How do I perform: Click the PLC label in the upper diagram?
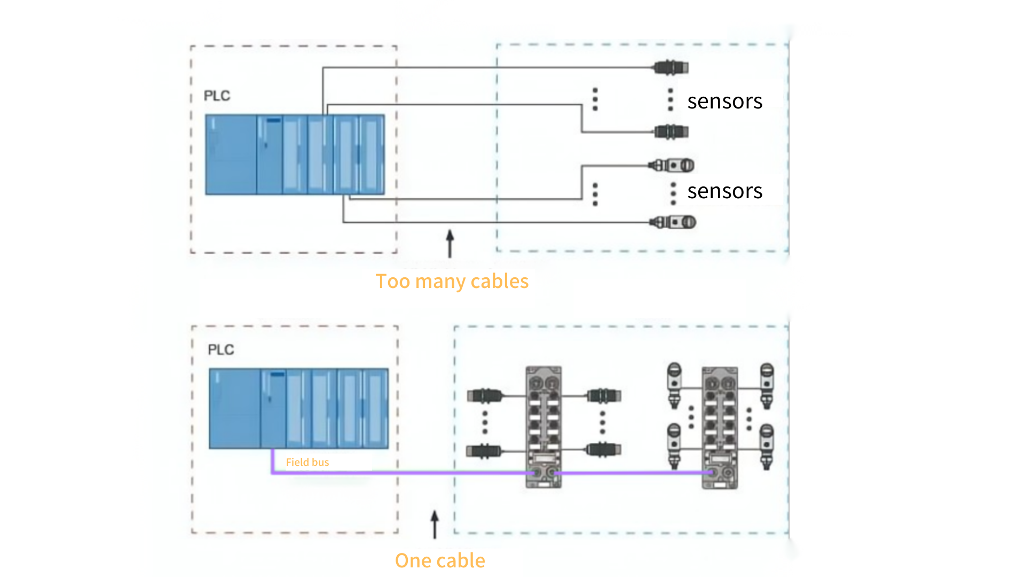point(217,96)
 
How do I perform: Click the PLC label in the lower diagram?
point(220,349)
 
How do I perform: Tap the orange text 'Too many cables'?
point(452,282)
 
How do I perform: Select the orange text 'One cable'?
point(440,560)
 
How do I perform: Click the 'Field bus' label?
point(307,462)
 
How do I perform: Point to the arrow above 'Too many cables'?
point(450,244)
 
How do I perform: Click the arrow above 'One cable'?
point(435,524)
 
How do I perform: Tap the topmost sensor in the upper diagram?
point(671,67)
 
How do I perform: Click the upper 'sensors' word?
point(725,101)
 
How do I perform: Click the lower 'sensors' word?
point(725,191)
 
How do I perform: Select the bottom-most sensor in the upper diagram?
point(673,222)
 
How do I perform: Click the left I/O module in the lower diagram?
point(543,427)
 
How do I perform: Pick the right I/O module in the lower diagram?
point(720,427)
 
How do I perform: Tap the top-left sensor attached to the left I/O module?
point(485,396)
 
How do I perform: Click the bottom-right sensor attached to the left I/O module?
point(604,450)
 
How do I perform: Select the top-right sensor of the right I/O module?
point(767,386)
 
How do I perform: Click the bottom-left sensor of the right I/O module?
point(674,447)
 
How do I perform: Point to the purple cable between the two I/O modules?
point(633,473)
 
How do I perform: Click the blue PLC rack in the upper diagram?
point(295,154)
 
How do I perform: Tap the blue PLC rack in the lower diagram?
point(299,408)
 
